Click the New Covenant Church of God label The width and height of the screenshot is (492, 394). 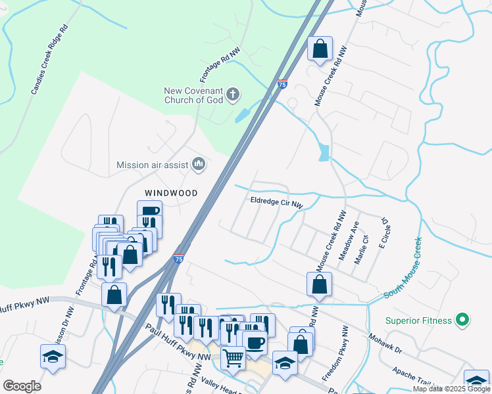(x=194, y=96)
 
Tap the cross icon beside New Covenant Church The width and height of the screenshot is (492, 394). (x=232, y=96)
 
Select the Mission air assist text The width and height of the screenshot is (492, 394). (x=151, y=165)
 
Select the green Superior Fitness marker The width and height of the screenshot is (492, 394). (x=462, y=320)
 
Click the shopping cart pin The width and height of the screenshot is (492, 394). (x=233, y=359)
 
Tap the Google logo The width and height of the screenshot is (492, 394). (x=22, y=386)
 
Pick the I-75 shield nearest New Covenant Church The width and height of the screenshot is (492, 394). (x=282, y=84)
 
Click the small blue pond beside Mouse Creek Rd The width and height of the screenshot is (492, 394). (x=323, y=153)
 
